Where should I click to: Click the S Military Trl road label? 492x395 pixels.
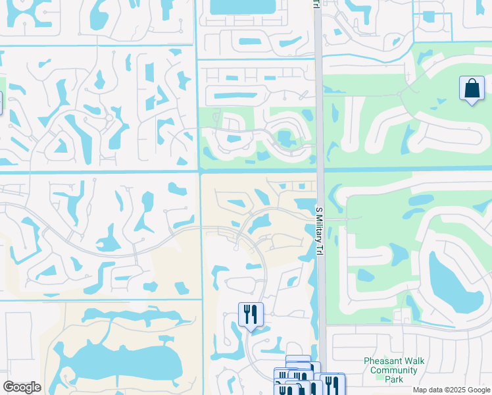tap(320, 230)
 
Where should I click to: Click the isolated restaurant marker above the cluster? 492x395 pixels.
tap(250, 313)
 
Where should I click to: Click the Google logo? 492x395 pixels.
tap(22, 387)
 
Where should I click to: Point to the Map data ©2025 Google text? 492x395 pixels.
tap(451, 390)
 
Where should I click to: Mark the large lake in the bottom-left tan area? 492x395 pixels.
tap(125, 359)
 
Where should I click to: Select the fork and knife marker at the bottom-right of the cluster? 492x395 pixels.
tap(332, 384)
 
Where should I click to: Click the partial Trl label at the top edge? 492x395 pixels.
tap(315, 4)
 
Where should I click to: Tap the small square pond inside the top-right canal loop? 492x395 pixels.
tap(430, 16)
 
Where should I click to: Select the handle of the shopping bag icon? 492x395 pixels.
tap(472, 82)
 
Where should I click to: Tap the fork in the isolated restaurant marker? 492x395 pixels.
tap(247, 313)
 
